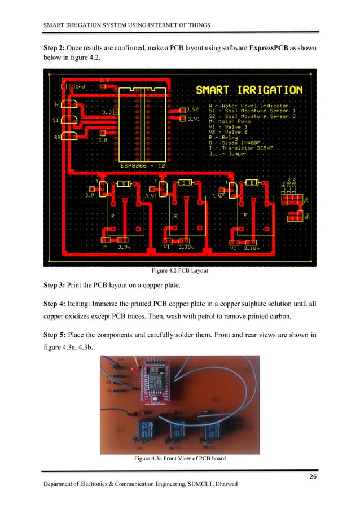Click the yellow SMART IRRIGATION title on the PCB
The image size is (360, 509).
(x=249, y=90)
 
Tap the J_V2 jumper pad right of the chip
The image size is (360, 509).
(x=182, y=111)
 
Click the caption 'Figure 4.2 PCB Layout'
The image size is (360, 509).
(x=179, y=271)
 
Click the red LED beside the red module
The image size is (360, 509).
(x=132, y=368)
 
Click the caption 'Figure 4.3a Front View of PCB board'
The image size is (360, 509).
(x=179, y=459)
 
